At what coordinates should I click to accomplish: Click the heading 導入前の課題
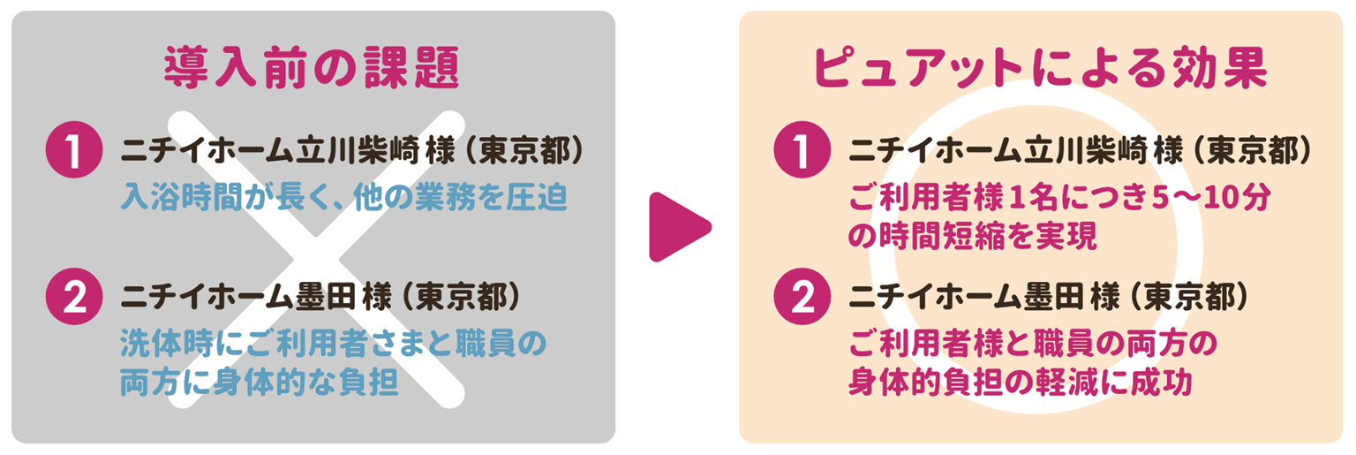312,67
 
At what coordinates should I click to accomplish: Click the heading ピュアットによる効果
1041,67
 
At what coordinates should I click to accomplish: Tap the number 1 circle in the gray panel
74,149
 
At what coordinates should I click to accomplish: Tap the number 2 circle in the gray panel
74,296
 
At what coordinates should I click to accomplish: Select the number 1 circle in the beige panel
802,149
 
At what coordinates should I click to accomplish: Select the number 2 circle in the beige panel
802,296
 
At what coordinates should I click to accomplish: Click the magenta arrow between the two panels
679,227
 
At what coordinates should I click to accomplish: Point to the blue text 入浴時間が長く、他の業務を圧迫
343,197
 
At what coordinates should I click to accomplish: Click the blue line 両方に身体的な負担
259,383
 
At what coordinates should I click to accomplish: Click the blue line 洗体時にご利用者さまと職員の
333,344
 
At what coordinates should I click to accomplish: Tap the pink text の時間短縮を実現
972,236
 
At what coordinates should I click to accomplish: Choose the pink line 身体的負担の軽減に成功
1020,383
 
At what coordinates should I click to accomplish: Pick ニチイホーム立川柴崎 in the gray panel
270,150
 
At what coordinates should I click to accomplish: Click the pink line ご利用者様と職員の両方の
1033,344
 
